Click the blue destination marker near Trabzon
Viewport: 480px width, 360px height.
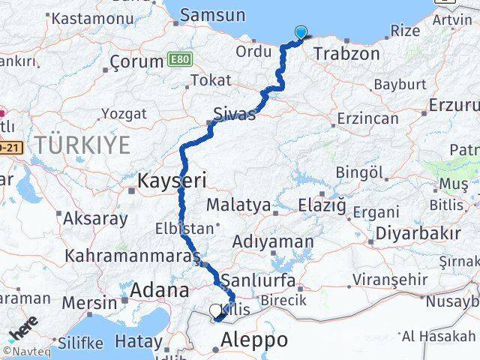click(301, 32)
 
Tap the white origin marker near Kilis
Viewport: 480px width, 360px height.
click(215, 310)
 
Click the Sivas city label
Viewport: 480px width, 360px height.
click(234, 115)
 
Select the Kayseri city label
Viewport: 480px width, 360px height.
click(171, 180)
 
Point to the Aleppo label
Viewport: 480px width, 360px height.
click(254, 340)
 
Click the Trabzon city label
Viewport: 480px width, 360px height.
click(348, 54)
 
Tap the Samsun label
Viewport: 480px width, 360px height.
click(213, 15)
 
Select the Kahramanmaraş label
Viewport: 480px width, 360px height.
click(127, 256)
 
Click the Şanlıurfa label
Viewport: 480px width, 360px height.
click(262, 274)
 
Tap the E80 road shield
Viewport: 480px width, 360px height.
click(180, 58)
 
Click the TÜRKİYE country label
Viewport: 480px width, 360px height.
click(87, 144)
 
